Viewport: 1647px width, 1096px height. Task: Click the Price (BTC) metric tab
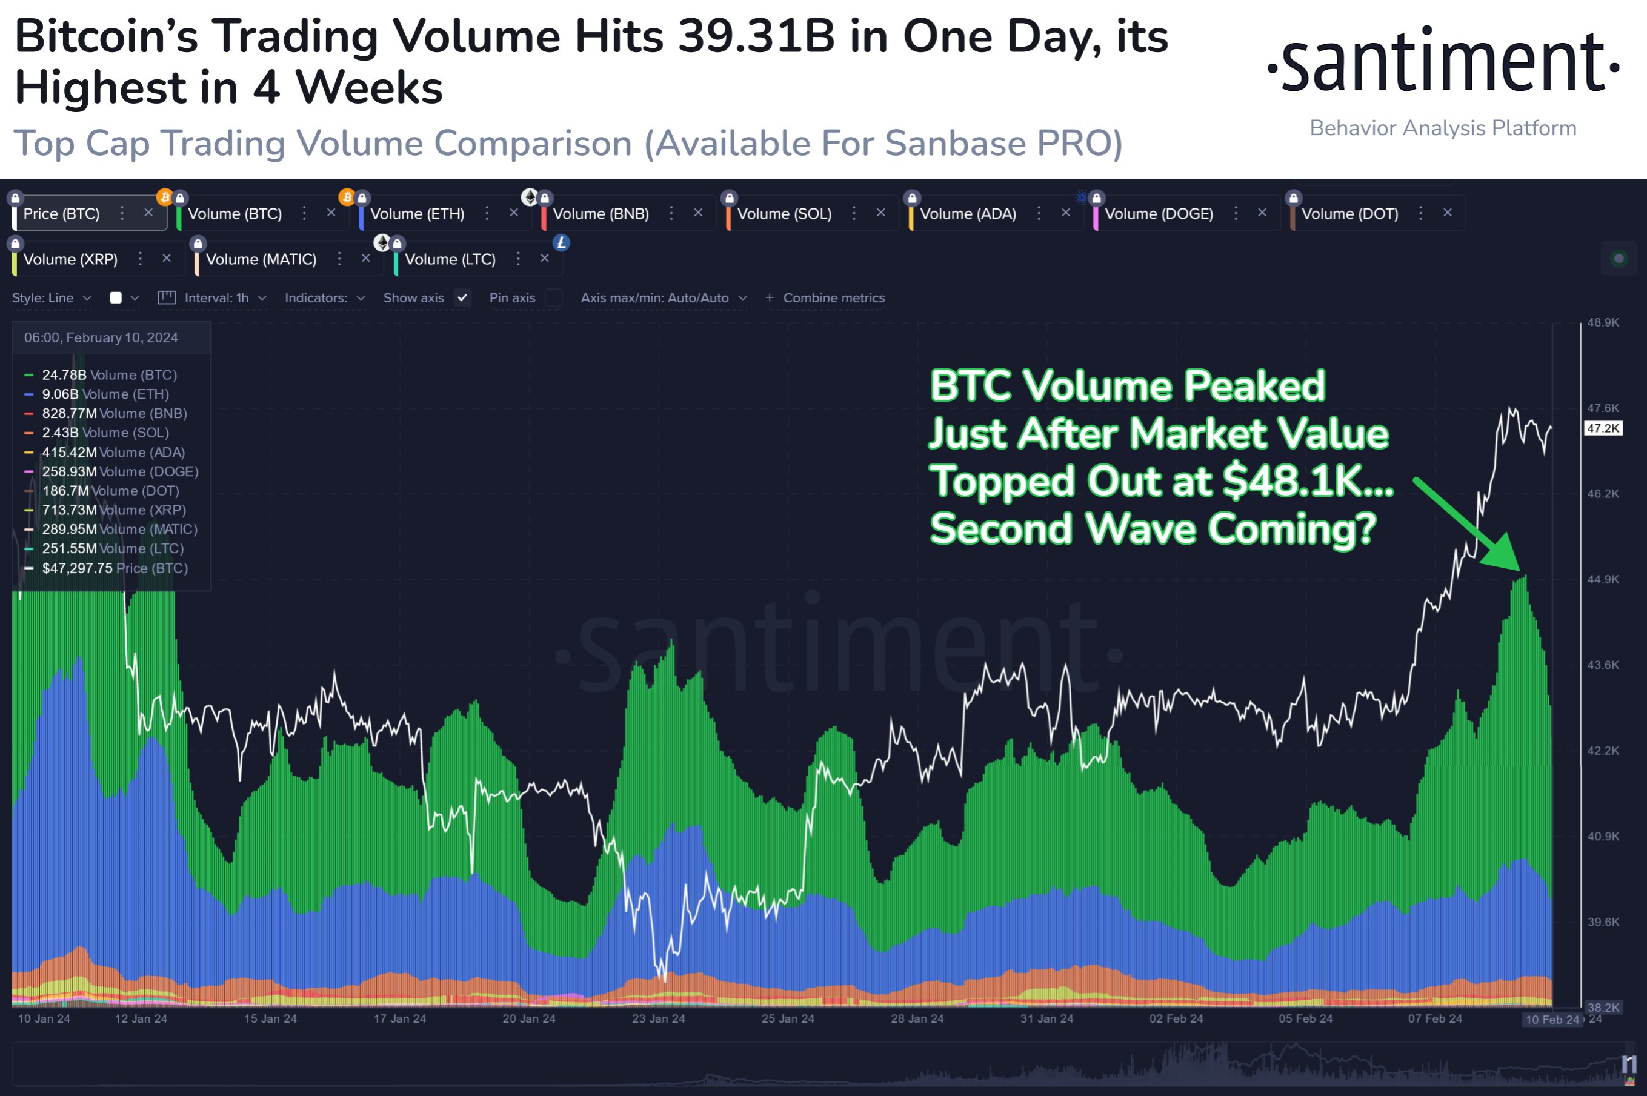[62, 214]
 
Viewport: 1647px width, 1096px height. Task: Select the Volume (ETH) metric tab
[417, 214]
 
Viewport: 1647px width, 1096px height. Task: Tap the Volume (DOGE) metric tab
[1159, 214]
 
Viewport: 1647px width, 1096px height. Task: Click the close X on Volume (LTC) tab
[545, 259]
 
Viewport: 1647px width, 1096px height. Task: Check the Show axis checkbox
[462, 297]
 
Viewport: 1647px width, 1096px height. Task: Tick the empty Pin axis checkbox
[553, 297]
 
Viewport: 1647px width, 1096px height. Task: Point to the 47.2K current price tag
[1602, 428]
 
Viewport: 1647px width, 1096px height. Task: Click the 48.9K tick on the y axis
[1602, 322]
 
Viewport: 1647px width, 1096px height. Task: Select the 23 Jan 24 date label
[658, 1018]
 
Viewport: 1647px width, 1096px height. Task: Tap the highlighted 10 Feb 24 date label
[1551, 1019]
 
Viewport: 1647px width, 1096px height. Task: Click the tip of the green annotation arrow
[1519, 570]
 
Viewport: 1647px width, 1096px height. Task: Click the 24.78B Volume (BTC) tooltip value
[64, 374]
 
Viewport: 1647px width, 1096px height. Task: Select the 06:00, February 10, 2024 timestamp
[101, 337]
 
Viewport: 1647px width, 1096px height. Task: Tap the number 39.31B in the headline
[756, 36]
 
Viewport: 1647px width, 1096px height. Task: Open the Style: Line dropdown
[51, 297]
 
